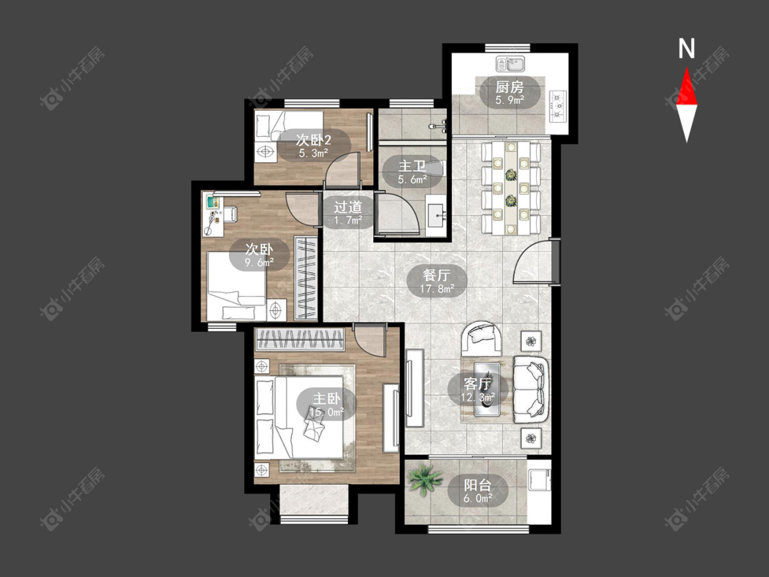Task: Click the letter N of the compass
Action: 686,49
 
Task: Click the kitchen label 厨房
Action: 509,88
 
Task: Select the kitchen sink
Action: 511,64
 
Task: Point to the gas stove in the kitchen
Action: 558,105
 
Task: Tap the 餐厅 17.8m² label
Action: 437,281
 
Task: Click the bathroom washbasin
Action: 436,216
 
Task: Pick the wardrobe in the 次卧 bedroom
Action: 306,278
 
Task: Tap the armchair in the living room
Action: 482,338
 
